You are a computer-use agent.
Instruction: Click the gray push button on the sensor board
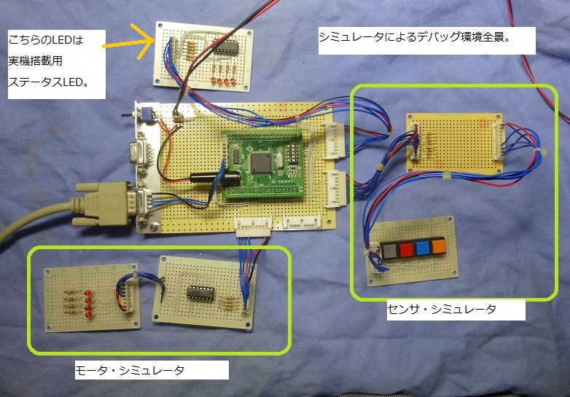[x=388, y=251]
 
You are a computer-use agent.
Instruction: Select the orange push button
[x=437, y=247]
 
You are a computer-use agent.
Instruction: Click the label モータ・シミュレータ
[x=130, y=370]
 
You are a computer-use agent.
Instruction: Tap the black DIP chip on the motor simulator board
[x=199, y=292]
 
